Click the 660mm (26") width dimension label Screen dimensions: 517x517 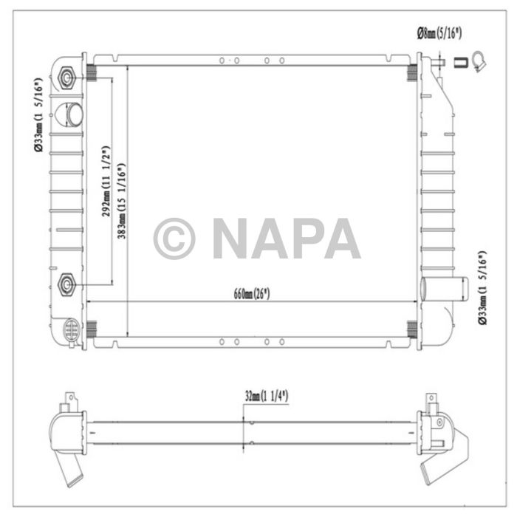point(252,293)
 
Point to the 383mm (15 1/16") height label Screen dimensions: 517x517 point(120,199)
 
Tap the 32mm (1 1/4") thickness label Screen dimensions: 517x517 point(265,397)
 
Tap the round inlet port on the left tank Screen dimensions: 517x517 point(74,116)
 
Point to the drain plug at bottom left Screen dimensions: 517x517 point(72,329)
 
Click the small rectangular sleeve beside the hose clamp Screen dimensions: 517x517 point(458,61)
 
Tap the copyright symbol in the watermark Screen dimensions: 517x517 point(174,239)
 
